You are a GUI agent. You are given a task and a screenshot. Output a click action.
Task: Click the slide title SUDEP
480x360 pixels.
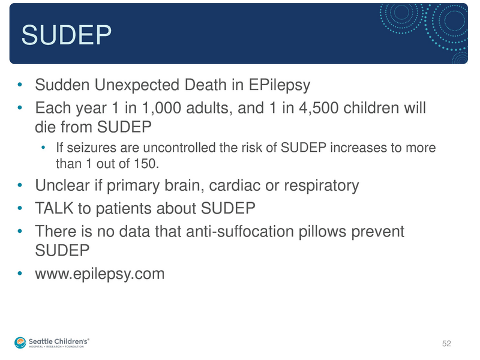tap(67, 35)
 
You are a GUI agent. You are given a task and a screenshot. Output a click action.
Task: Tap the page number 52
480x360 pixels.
tap(446, 343)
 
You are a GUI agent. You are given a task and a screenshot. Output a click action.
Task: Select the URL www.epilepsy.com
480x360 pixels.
tap(100, 274)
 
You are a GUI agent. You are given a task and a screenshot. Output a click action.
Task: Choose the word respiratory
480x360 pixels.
tap(320, 185)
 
